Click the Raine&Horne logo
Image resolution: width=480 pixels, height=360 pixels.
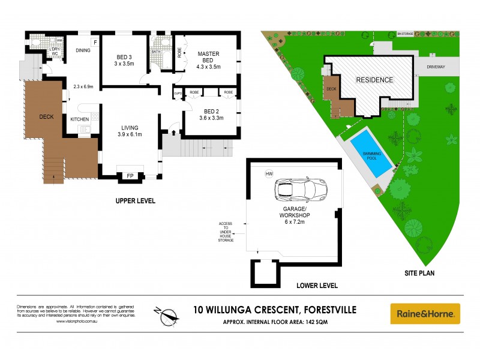(x=425, y=313)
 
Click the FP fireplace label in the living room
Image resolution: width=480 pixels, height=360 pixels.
(x=130, y=176)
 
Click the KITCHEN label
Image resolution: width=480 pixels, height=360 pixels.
(x=80, y=119)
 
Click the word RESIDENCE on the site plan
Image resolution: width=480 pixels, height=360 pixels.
(x=374, y=80)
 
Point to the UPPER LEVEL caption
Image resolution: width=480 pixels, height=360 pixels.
(x=135, y=201)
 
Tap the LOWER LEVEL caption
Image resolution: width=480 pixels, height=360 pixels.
(x=317, y=286)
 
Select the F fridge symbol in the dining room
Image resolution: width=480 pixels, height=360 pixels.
(x=94, y=42)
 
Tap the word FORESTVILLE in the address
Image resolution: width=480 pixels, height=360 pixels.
(x=323, y=310)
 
